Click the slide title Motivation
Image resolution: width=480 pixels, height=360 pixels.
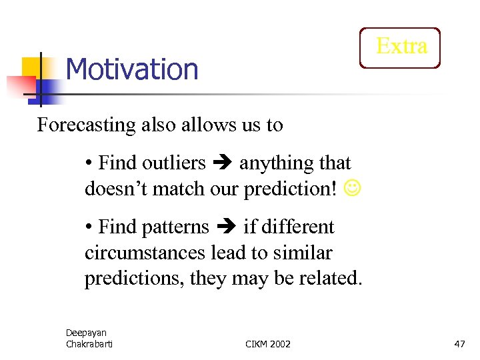point(132,69)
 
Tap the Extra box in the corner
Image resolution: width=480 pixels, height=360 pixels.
point(401,47)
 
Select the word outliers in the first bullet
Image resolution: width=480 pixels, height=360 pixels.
point(174,163)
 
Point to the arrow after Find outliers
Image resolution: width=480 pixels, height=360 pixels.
point(223,163)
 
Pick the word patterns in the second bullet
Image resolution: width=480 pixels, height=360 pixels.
point(176,227)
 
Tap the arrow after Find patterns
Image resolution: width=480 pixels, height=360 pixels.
point(227,228)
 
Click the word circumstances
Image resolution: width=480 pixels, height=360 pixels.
point(137,253)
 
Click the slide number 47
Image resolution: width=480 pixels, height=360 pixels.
point(459,344)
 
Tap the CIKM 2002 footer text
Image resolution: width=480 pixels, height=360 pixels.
point(268,344)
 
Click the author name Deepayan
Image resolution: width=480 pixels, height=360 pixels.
point(86,333)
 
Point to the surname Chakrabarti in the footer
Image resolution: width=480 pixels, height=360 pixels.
point(89,344)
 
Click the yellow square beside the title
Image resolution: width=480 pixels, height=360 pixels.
point(32,66)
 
